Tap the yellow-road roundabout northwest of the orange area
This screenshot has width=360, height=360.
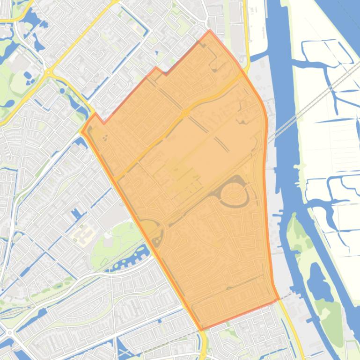[49, 72]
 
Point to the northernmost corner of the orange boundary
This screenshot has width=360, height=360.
[210, 31]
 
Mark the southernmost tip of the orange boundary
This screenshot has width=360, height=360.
[202, 330]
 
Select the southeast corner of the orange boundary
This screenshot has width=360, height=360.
[279, 299]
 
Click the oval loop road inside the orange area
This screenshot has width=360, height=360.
[233, 194]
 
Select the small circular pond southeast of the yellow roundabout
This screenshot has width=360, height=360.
[62, 91]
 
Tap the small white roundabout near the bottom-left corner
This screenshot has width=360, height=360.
[9, 332]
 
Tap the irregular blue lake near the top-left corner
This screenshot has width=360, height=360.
[30, 21]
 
